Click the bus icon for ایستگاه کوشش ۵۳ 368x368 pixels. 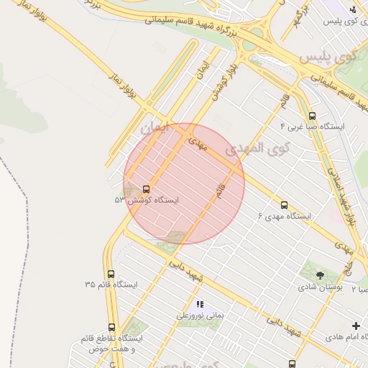coord(147,189)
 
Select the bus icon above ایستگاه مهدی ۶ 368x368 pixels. coord(285,205)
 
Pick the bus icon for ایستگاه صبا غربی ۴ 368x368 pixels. coord(311,115)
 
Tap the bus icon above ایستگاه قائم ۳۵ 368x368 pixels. coord(111,274)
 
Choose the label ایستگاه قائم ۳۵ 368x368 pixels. coord(111,285)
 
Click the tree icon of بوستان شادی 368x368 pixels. coord(320,275)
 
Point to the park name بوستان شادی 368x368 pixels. coord(321,287)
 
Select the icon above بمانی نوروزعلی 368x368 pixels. coord(200,304)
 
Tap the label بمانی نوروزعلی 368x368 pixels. coord(201,315)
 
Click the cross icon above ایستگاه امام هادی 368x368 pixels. coord(356,326)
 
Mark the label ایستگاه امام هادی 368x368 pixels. coord(345,336)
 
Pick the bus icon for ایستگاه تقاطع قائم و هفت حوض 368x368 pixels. coord(111,328)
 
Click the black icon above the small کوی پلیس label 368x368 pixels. coord(352,9)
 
